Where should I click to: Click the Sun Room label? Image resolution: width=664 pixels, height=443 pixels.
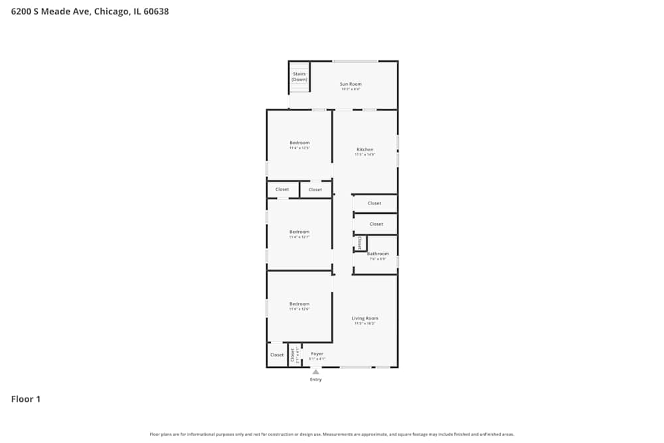click(351, 84)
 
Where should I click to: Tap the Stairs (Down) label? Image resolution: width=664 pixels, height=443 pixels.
click(299, 76)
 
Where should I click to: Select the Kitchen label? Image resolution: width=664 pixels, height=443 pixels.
click(365, 149)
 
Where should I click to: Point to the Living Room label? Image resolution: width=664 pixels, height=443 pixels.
click(365, 318)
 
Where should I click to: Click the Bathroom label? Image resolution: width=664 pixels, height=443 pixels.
click(378, 254)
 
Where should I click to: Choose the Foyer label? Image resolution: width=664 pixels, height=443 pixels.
click(317, 354)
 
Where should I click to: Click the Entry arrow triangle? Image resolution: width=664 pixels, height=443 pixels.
click(315, 372)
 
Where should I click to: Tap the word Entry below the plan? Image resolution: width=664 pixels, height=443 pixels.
click(315, 380)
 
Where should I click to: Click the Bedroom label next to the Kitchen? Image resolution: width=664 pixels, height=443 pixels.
click(299, 143)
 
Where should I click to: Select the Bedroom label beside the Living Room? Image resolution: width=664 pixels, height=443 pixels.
click(299, 304)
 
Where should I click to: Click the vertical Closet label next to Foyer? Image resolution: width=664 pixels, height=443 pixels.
click(292, 355)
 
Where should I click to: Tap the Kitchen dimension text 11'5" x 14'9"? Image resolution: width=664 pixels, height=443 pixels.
click(365, 155)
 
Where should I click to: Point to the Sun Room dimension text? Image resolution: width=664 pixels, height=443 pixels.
click(351, 89)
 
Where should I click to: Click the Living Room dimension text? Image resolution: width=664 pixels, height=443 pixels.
click(365, 323)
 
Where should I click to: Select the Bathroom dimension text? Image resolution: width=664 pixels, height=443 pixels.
click(378, 259)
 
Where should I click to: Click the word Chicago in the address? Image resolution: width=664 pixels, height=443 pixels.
click(112, 11)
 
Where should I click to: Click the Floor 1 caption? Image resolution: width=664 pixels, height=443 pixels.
click(26, 399)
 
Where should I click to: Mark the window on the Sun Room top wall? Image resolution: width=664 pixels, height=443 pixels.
click(355, 62)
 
